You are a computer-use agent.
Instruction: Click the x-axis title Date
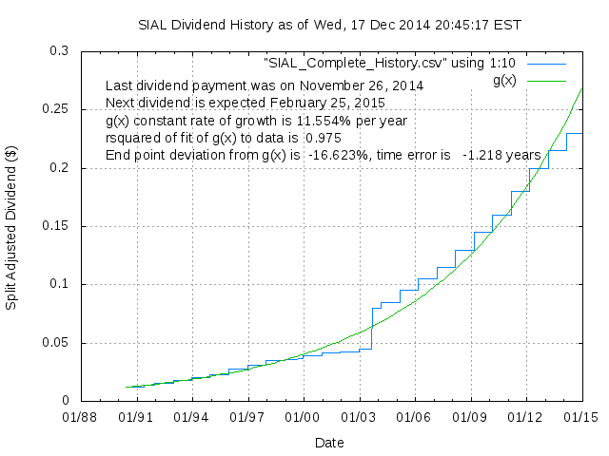pos(329,442)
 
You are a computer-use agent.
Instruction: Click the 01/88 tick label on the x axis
pos(80,416)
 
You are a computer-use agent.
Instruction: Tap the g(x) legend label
pos(504,80)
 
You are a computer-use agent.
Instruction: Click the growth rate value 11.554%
pos(328,121)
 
